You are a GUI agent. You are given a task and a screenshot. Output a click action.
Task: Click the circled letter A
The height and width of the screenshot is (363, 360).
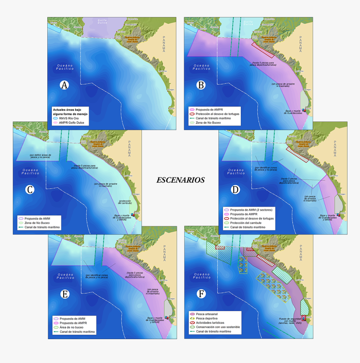[x=64, y=85]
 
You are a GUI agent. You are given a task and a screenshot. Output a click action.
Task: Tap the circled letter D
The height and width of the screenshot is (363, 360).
[x=236, y=189]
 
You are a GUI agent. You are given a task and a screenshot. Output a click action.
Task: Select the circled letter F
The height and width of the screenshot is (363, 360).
[x=202, y=294]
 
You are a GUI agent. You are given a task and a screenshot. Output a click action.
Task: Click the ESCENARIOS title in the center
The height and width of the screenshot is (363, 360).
[x=180, y=180]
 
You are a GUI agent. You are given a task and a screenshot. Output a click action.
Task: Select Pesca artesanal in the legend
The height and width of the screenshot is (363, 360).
[x=207, y=314]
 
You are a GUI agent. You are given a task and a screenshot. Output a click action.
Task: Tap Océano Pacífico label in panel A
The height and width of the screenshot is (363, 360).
[x=65, y=67]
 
